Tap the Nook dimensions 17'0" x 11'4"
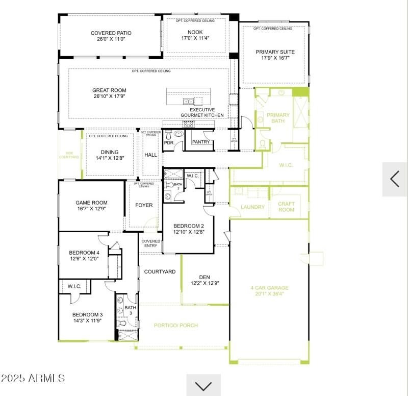click(x=195, y=38)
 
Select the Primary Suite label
click(x=275, y=52)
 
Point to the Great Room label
click(x=109, y=90)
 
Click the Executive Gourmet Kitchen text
click(x=202, y=113)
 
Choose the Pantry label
click(x=201, y=142)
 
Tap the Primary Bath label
click(x=278, y=118)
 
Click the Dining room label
click(x=109, y=152)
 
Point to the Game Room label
click(x=91, y=203)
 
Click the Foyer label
click(x=144, y=206)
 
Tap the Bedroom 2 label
click(x=188, y=226)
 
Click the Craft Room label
click(x=286, y=207)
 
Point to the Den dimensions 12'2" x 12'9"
click(x=205, y=284)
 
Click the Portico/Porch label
click(x=176, y=325)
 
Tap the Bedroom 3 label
click(x=87, y=314)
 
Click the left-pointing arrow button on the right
click(x=395, y=179)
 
